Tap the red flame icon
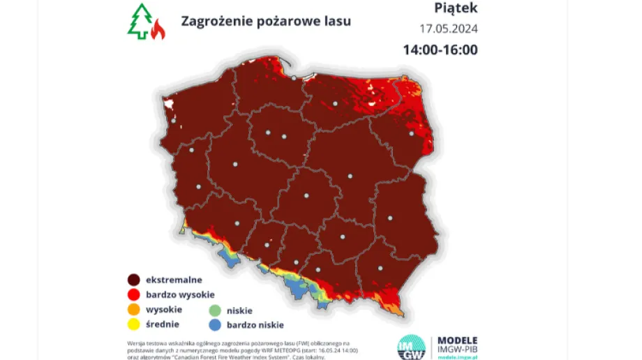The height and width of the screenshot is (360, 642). pos(158,29)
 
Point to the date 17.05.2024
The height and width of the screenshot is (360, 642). pos(448,30)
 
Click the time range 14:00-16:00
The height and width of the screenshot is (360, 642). pos(440,50)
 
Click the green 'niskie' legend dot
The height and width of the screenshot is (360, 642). pos(215,310)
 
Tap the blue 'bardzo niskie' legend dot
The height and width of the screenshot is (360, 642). pos(215,324)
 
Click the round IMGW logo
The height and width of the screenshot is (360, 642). pos(411,347)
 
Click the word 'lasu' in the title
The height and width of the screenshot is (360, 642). pos(336,21)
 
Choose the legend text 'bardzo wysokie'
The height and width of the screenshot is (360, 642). pos(180,294)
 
